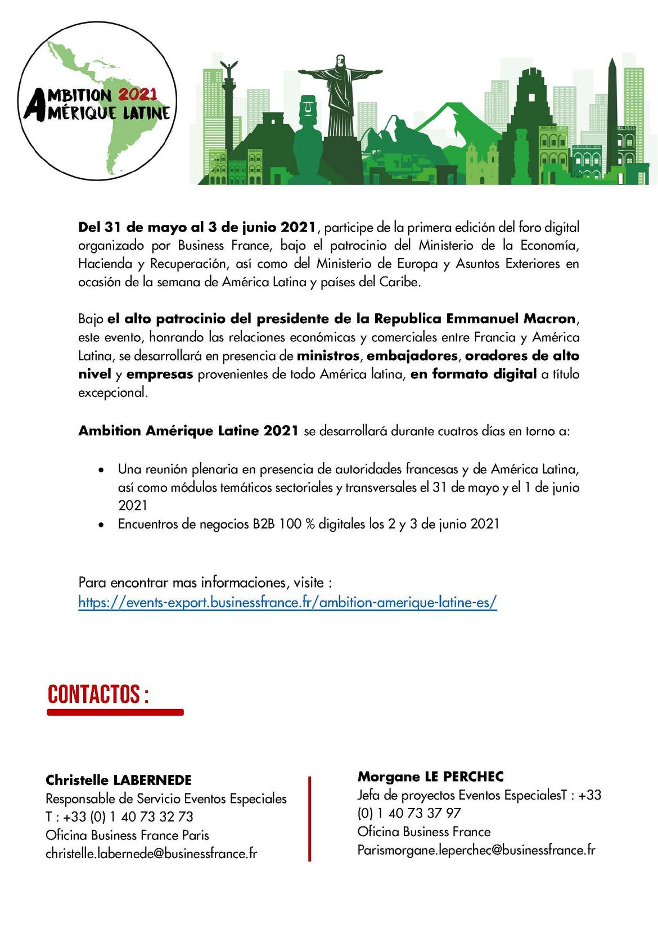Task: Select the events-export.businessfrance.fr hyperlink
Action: pos(287,602)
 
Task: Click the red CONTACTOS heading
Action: pos(98,694)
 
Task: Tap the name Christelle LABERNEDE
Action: pos(119,780)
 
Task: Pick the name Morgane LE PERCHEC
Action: pos(430,776)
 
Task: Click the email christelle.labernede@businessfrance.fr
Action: pos(151,854)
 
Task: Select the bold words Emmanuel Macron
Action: pos(511,319)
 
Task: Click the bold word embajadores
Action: pos(412,356)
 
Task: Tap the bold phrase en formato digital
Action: pos(473,374)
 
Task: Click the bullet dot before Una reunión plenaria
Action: pos(101,470)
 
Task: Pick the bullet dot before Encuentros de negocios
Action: pos(101,525)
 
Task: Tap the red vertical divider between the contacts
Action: pos(309,819)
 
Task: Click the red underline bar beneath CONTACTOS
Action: pos(115,712)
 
